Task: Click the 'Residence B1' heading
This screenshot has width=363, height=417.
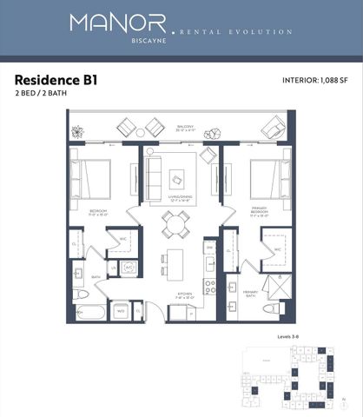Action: [x=56, y=79]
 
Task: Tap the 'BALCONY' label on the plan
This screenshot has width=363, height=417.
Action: [x=184, y=126]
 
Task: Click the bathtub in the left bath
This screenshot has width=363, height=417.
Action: [x=90, y=310]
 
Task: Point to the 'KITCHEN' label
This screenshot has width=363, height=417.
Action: [x=184, y=295]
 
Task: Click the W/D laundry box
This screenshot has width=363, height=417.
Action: [x=121, y=310]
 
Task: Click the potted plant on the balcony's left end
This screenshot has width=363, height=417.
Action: [x=78, y=131]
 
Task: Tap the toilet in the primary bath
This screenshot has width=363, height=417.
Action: [x=272, y=308]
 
